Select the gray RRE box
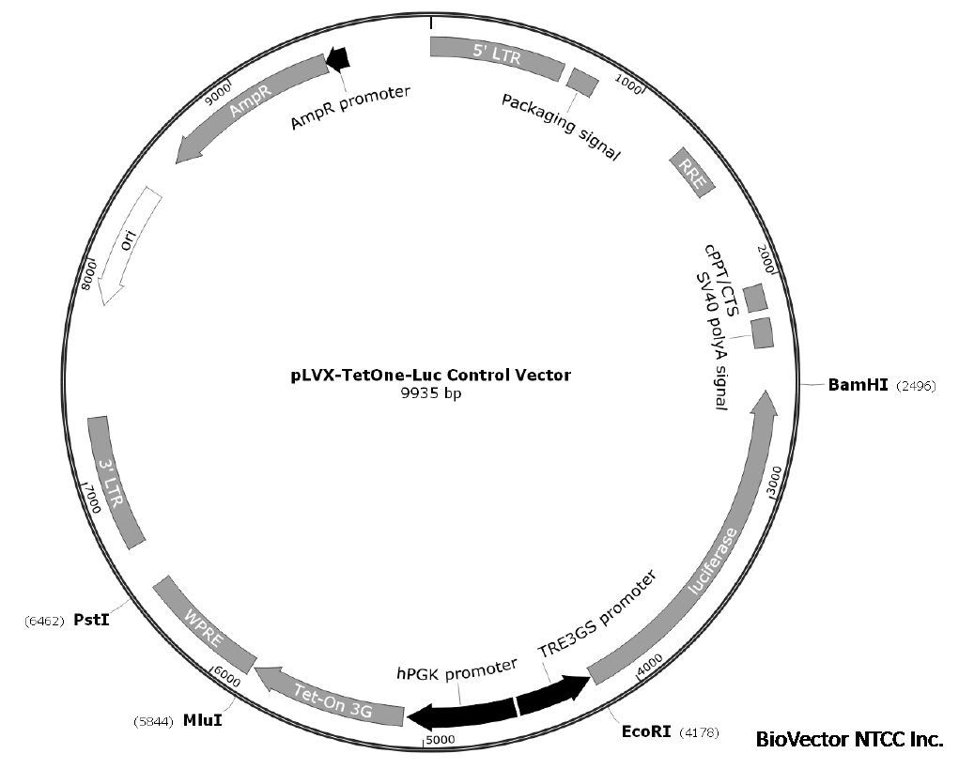(692, 171)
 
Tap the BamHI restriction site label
(858, 385)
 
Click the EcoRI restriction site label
(646, 731)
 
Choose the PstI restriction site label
(91, 620)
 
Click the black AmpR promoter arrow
(337, 59)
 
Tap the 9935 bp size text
(430, 394)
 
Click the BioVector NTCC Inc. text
(848, 739)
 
